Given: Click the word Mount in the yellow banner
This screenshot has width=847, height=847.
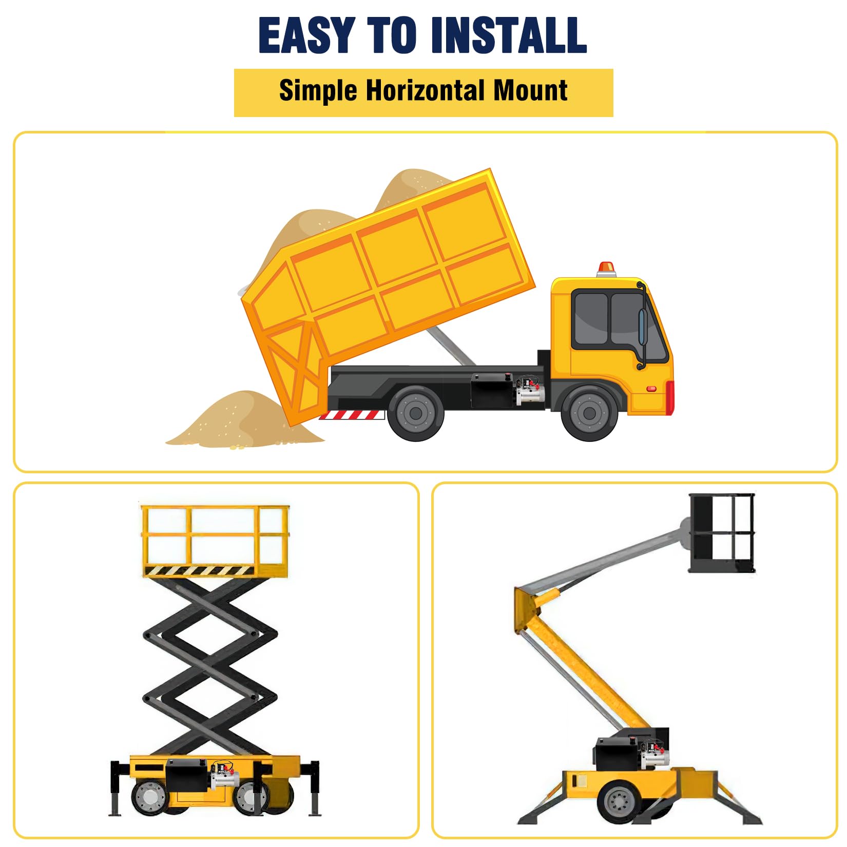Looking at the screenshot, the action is pos(530,91).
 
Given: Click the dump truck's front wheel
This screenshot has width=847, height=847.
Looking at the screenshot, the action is pos(589,412).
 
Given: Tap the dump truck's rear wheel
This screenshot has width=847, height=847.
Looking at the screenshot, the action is pos(416,412).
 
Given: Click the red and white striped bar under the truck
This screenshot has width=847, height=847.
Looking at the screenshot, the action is pos(352,415).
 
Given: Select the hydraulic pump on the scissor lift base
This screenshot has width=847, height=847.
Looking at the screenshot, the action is pos(224,777).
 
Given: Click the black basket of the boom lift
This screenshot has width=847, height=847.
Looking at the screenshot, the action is pos(722,533).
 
